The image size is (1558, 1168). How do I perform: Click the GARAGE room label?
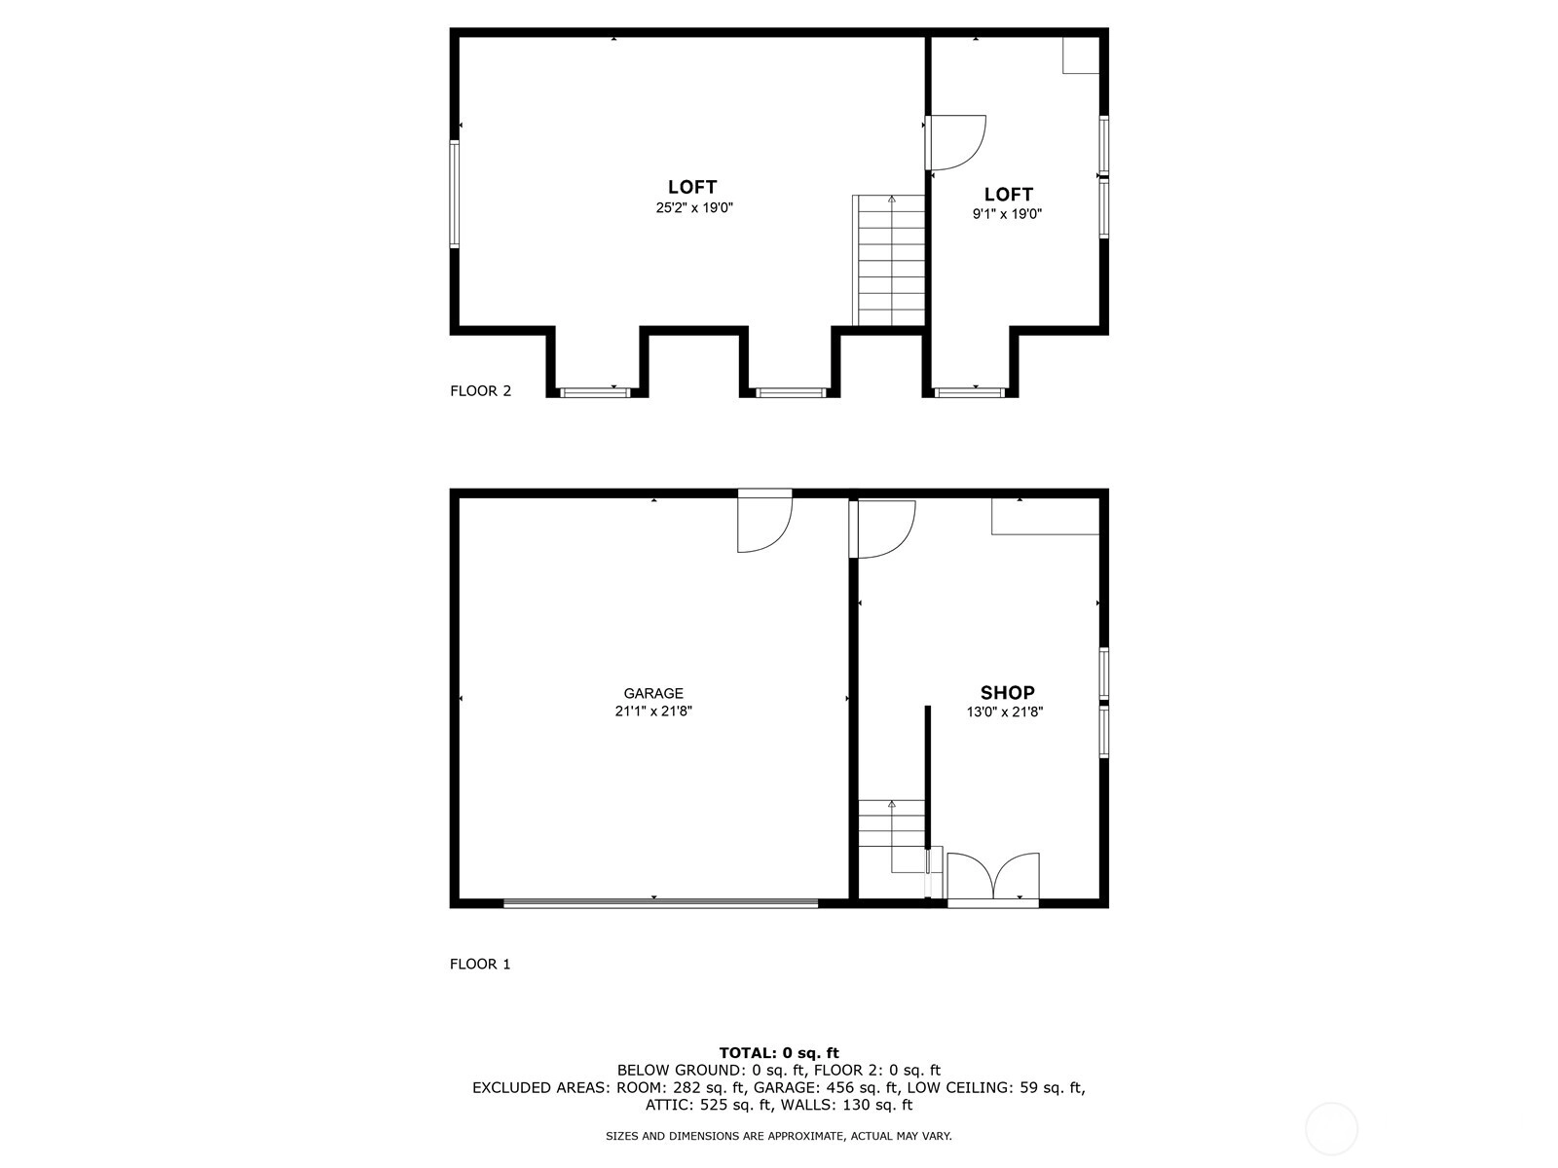653,693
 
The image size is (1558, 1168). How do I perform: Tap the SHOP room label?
1007,692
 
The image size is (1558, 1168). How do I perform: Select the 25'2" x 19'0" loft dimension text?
693,207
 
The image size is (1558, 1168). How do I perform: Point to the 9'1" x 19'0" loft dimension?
1007,213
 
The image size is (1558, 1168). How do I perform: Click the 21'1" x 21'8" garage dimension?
653,711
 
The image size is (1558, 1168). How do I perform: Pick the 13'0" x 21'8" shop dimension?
1004,712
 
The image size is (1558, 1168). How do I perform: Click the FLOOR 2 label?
480,390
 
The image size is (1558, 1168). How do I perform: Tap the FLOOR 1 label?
480,964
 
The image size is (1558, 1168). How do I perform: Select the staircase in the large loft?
889,260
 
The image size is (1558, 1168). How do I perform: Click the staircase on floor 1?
892,836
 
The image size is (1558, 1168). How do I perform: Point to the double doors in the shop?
993,879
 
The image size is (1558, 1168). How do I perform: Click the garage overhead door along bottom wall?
660,903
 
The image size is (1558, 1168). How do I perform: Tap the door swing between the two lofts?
955,142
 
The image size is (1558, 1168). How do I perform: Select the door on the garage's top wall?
764,521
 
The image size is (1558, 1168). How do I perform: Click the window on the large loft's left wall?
455,194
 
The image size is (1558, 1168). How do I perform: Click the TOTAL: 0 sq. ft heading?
779,1052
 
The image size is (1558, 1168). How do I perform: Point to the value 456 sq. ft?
852,1087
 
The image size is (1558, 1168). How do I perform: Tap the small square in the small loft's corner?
1080,55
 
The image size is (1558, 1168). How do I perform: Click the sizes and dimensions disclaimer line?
779,1136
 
